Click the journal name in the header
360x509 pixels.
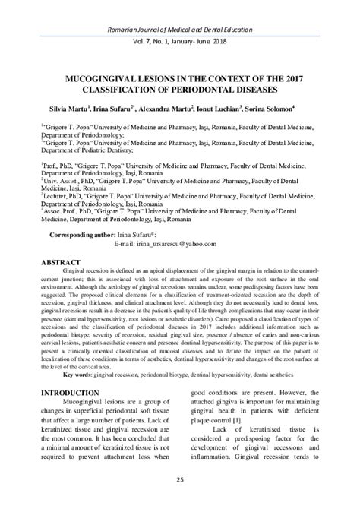[x=180, y=8]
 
